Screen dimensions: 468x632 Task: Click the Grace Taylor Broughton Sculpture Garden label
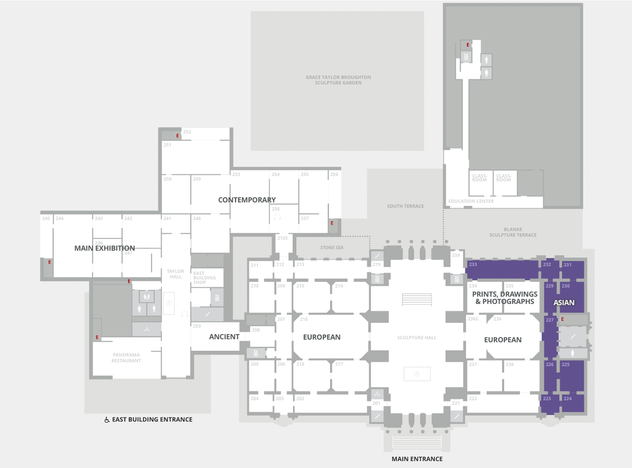(x=338, y=80)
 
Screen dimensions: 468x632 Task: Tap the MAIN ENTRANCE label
(x=417, y=459)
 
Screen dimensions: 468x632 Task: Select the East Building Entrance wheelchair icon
(x=107, y=420)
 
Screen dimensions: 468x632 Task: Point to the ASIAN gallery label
(x=564, y=303)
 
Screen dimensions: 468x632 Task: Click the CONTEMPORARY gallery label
(x=247, y=200)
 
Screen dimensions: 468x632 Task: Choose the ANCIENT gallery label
(x=224, y=337)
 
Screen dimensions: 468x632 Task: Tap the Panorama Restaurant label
(x=126, y=358)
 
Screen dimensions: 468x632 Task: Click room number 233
(x=473, y=264)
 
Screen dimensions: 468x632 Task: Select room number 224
(x=568, y=399)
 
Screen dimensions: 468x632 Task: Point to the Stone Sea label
(x=332, y=248)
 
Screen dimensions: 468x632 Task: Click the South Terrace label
(x=405, y=206)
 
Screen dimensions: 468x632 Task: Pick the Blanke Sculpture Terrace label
(x=513, y=232)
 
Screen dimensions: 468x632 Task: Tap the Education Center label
(x=471, y=201)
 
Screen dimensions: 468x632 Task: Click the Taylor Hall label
(x=175, y=274)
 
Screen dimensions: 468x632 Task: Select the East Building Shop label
(x=205, y=278)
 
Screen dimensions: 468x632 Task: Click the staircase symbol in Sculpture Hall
(x=417, y=300)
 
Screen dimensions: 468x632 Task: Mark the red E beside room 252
(x=177, y=136)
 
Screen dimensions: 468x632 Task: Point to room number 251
(x=167, y=145)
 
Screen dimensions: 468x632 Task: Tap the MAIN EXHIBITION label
(x=104, y=248)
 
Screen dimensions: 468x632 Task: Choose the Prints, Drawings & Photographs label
(x=505, y=298)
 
